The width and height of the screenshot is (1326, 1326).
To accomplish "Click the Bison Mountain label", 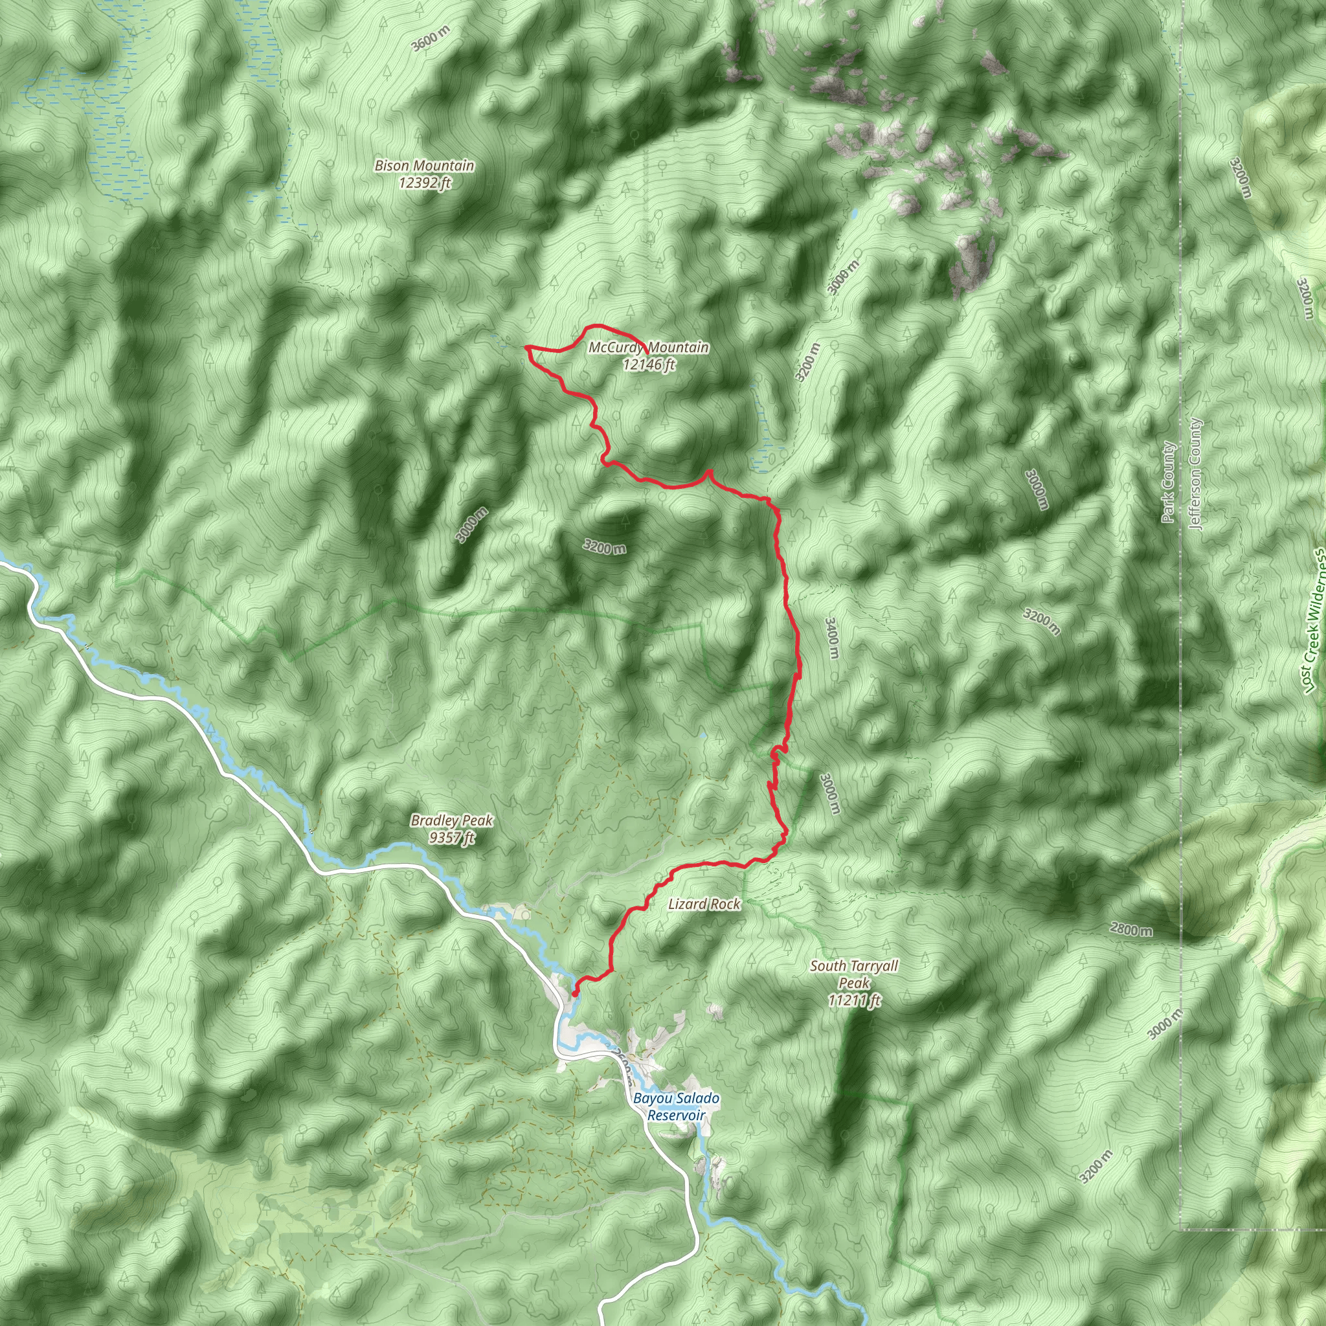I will coord(424,165).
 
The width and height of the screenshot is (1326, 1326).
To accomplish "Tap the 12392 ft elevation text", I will coord(424,183).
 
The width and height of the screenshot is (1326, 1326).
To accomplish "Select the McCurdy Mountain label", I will coord(649,347).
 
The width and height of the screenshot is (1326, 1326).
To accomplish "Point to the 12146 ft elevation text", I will coord(649,365).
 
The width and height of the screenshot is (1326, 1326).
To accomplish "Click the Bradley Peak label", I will coord(452,820).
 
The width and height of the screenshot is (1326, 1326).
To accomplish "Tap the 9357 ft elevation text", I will coord(452,837).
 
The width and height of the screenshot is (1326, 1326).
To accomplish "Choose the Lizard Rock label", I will coord(704,904).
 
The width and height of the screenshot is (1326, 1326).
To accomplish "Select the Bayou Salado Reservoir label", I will coord(676,1107).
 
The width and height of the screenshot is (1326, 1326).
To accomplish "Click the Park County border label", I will coord(1168,482).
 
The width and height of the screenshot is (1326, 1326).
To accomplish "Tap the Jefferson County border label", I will coord(1196,474).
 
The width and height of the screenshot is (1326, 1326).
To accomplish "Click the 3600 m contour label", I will coord(431,38).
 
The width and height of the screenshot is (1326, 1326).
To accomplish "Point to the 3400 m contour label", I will coord(831,638).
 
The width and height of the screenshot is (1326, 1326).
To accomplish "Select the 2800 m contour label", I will coord(1131,930).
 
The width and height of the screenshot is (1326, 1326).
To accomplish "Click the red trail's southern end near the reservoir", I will coord(574,993).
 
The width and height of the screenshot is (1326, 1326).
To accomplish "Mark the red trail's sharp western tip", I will coord(526,348).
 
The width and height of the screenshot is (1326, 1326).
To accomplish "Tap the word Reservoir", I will coord(676,1116).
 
